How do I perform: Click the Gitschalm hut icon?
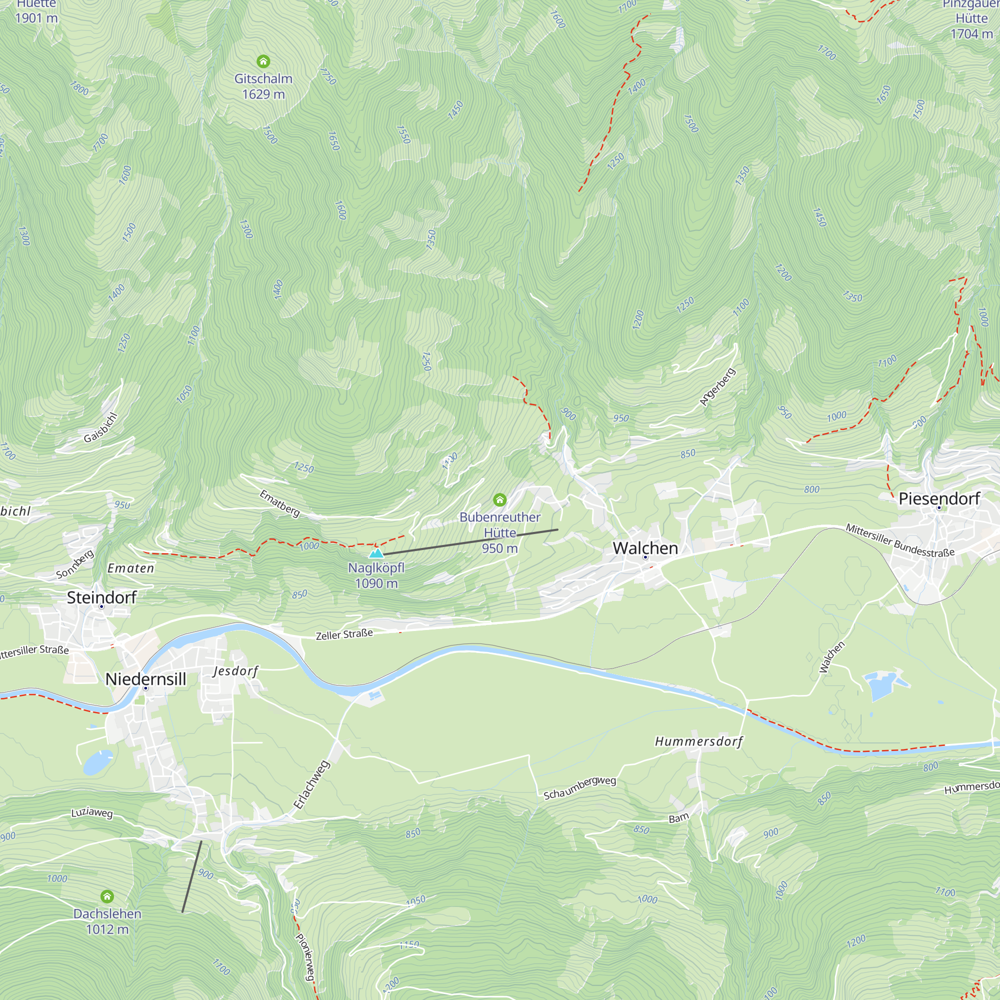(263, 62)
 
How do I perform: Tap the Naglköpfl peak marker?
(376, 553)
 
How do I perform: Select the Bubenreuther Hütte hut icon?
(499, 499)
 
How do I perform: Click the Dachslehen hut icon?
(107, 896)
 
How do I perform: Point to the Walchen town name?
(645, 548)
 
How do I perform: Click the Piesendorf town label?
(939, 498)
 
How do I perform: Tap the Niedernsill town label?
(145, 679)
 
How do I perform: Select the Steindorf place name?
(101, 597)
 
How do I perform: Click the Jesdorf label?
(235, 671)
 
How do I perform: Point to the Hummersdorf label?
(699, 741)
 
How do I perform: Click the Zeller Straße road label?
(344, 634)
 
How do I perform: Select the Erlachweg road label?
(311, 784)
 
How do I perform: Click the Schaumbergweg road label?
(579, 787)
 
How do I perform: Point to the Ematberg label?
(279, 503)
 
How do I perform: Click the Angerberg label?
(717, 386)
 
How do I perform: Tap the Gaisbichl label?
(101, 428)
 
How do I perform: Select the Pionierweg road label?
(305, 956)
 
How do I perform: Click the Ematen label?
(130, 568)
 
